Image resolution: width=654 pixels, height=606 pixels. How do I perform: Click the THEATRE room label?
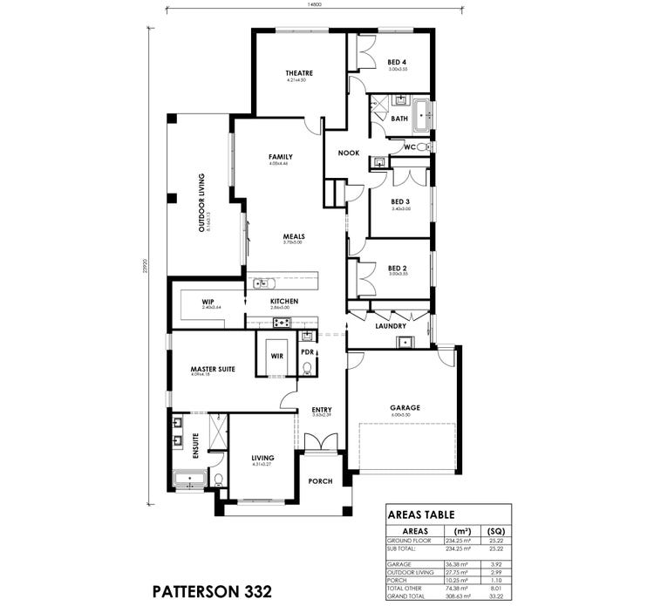(x=298, y=73)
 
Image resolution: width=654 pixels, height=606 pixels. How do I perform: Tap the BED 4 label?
(x=398, y=62)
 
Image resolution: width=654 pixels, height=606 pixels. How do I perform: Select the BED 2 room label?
(x=398, y=268)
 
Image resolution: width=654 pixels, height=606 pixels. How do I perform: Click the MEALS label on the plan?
(x=293, y=236)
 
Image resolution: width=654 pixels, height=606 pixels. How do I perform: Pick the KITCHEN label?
(x=284, y=302)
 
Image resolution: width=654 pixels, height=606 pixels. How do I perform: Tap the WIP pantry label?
(x=208, y=302)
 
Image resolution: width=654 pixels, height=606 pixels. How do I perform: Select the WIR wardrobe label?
(x=276, y=356)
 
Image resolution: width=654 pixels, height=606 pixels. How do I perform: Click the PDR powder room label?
(x=307, y=352)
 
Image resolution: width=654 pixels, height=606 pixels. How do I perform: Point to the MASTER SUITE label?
(x=213, y=370)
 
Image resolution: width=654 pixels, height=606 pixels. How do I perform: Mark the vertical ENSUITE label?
(x=196, y=446)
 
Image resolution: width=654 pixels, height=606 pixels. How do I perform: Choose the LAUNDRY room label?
(x=391, y=326)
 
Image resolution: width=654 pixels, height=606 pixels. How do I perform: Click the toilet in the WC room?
(x=422, y=148)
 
